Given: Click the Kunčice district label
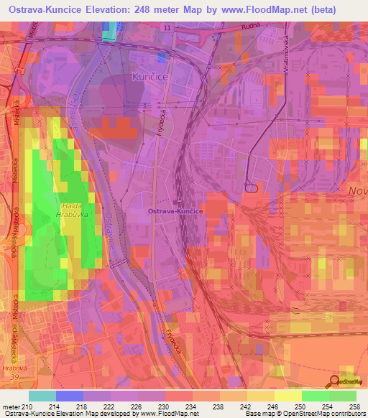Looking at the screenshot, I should [149, 75].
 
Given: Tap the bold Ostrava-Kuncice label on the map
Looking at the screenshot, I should [178, 212].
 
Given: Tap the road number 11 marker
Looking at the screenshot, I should [167, 27].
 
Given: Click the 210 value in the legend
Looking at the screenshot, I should [29, 408].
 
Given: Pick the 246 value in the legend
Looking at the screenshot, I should [275, 408].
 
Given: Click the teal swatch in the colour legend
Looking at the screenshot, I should [42, 396].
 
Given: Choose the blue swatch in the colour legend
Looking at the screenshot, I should [70, 396].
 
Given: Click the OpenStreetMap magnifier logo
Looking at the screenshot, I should [334, 382].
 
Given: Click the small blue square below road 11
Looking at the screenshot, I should [162, 55].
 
